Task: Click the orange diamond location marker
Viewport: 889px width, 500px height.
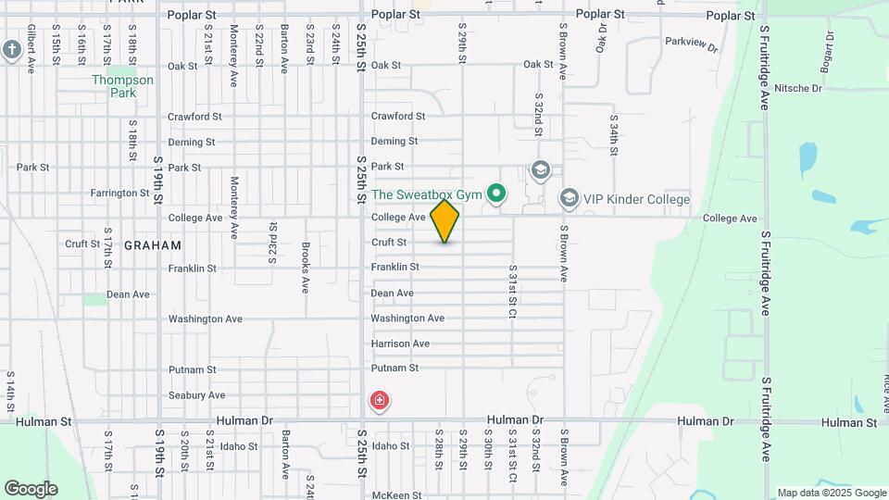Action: tap(444, 221)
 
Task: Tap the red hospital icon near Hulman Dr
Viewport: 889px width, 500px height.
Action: tap(379, 401)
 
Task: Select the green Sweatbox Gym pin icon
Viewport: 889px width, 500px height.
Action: tap(497, 194)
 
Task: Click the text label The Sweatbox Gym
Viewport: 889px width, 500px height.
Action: tap(427, 194)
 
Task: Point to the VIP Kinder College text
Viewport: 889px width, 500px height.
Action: tap(637, 199)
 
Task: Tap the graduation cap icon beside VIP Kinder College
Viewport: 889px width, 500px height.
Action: tap(569, 198)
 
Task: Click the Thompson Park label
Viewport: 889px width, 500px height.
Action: tap(122, 86)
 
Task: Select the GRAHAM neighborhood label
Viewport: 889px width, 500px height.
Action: tap(152, 245)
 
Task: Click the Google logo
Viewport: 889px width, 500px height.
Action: tap(31, 489)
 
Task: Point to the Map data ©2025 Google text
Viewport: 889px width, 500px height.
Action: tap(831, 493)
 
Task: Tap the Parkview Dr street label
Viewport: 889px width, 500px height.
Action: tap(692, 44)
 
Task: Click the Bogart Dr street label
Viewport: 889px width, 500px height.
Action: tap(830, 58)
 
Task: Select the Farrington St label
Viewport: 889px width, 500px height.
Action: tap(119, 194)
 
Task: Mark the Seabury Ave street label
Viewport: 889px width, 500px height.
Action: tap(196, 395)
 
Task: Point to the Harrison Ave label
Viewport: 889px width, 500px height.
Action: tap(400, 344)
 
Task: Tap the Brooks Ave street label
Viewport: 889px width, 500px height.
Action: tap(306, 268)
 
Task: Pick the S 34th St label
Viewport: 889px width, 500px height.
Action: tap(613, 135)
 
